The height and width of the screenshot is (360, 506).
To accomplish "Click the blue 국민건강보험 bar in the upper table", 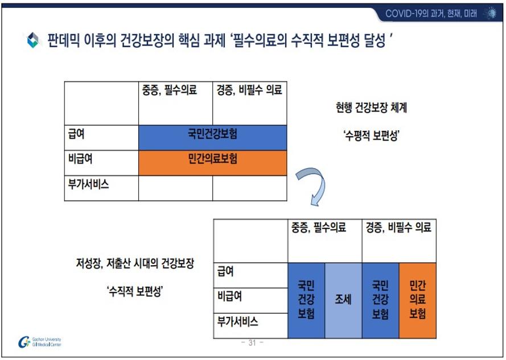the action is point(213,138).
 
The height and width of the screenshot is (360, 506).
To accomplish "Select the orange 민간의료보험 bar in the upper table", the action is point(213,163).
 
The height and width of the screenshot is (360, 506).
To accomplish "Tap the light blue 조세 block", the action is point(343,300).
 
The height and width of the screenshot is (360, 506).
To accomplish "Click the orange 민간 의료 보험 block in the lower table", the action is point(418,300).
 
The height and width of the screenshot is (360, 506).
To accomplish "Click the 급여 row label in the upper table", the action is point(76,134).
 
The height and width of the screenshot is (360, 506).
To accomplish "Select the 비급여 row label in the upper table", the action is point(80,159).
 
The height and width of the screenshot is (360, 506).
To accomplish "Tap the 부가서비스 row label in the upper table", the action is point(88,184).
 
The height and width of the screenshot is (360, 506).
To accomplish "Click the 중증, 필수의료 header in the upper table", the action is point(170,90).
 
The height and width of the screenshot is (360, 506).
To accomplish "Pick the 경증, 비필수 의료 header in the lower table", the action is point(398,227).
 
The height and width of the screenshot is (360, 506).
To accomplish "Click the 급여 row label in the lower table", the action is point(225,271).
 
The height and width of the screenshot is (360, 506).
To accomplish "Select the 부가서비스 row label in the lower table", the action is point(237,321).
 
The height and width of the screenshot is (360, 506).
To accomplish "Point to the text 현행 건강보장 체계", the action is point(372,107).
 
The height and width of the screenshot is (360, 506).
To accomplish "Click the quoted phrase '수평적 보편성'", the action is point(372,135).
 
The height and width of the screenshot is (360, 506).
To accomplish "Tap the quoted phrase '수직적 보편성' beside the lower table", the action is point(135,291).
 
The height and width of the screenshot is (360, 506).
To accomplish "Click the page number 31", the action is point(252,342).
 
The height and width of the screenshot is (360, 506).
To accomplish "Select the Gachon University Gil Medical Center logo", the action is point(40,342).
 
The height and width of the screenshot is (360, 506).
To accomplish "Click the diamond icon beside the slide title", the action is point(33,40).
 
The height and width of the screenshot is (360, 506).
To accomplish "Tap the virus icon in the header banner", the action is point(491,13).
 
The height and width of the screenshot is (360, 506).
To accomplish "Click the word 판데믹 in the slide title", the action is point(64,40).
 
